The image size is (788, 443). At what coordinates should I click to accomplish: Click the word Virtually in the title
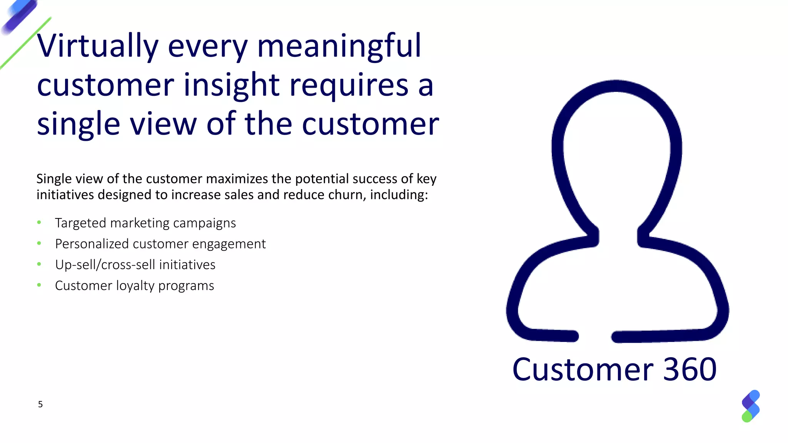(97, 46)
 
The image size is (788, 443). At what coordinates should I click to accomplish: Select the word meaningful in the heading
(339, 46)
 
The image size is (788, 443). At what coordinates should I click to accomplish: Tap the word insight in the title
(231, 85)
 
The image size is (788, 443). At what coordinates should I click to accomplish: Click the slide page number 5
(40, 404)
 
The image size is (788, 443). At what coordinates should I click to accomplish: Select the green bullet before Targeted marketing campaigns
(39, 222)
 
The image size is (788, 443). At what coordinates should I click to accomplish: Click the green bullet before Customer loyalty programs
(39, 285)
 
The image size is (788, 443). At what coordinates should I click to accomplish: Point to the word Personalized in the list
(92, 244)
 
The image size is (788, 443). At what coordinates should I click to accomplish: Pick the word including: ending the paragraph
(399, 195)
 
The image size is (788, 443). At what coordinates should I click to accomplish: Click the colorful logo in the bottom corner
(750, 406)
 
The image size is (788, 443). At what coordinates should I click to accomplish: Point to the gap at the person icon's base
(595, 336)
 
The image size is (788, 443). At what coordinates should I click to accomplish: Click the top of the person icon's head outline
(616, 86)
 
